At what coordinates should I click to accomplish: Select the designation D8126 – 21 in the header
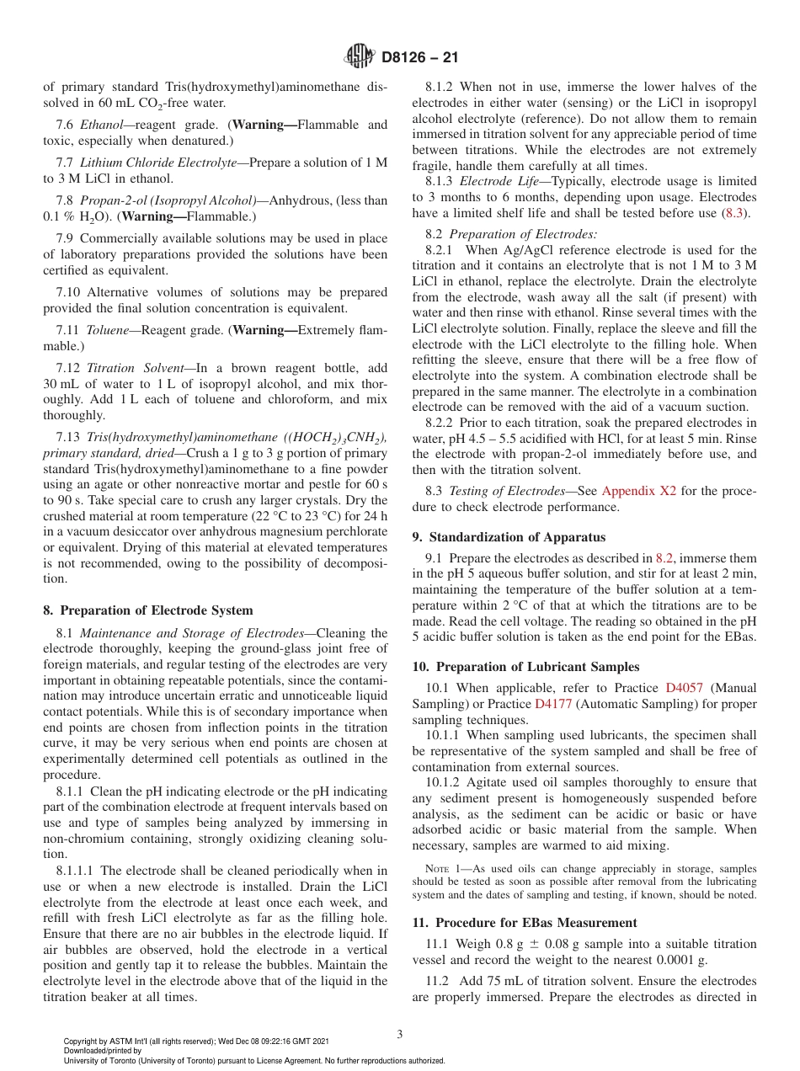tap(419, 58)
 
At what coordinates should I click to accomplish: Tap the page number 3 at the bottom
tap(399, 1035)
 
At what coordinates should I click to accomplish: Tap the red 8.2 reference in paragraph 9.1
tap(664, 557)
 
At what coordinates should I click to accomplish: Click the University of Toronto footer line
tap(253, 1060)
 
